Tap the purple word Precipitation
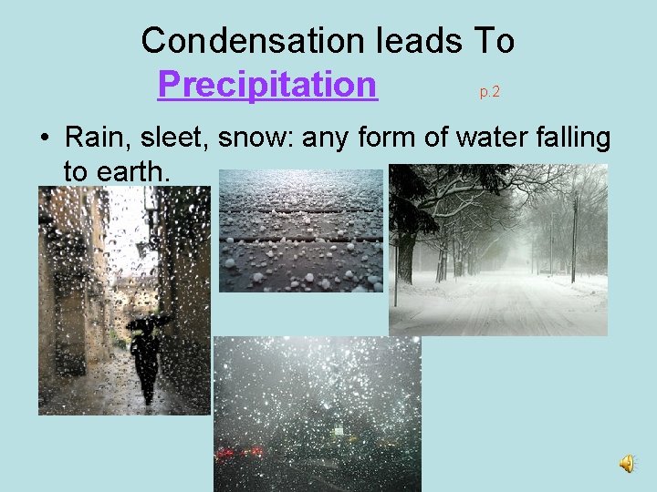267,85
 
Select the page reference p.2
489,92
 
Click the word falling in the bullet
565,138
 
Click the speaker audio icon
628,466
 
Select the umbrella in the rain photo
148,322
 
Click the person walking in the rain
146,360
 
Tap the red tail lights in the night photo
240,451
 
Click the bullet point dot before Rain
43,139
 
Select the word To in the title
494,40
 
